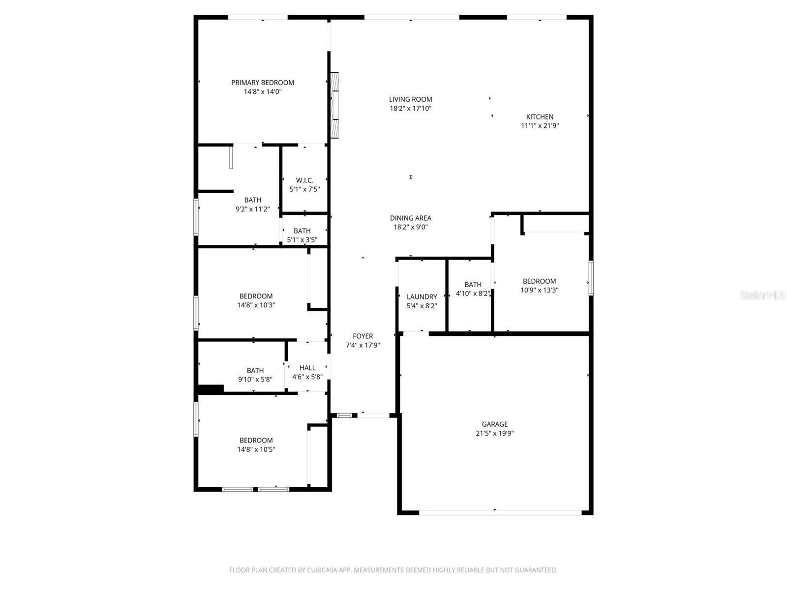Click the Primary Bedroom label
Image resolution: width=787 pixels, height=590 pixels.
pyautogui.click(x=263, y=83)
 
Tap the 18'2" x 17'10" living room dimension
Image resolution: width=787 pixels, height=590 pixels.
pyautogui.click(x=411, y=109)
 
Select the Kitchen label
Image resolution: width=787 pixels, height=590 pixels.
pyautogui.click(x=540, y=117)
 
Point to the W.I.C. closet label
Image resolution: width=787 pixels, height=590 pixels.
pyautogui.click(x=304, y=180)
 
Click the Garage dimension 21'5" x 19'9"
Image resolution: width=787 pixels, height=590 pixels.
pyautogui.click(x=494, y=433)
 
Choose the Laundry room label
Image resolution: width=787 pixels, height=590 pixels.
pyautogui.click(x=422, y=297)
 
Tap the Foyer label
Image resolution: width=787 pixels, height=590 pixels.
pyautogui.click(x=363, y=336)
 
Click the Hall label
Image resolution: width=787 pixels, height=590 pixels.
pyautogui.click(x=307, y=368)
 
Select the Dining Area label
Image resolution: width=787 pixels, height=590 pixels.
pyautogui.click(x=411, y=218)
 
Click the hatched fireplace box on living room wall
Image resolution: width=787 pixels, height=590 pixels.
pyautogui.click(x=334, y=106)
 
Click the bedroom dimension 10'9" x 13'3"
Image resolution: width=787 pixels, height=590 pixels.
pyautogui.click(x=539, y=290)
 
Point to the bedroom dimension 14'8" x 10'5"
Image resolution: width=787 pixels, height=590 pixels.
pyautogui.click(x=256, y=449)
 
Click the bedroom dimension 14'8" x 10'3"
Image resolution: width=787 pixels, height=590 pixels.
pyautogui.click(x=256, y=305)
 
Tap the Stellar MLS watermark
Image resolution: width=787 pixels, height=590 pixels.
pyautogui.click(x=762, y=295)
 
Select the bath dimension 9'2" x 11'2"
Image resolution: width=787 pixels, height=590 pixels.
pyautogui.click(x=253, y=209)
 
